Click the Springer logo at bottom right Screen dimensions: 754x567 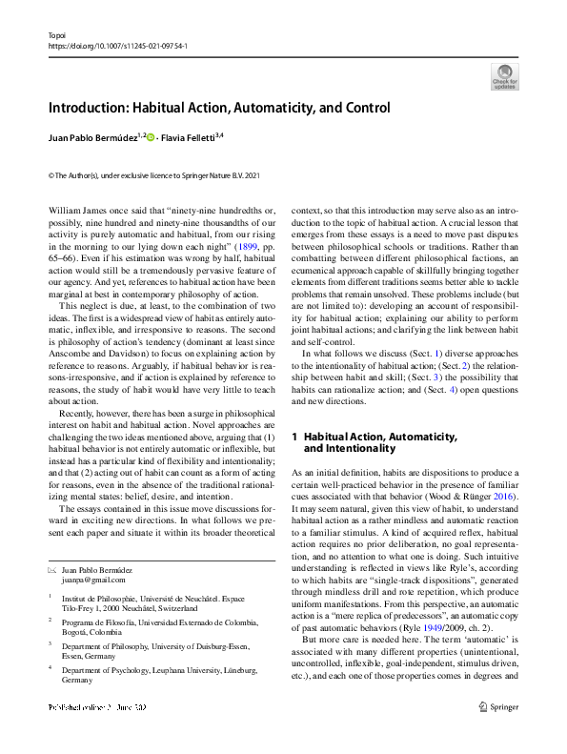coord(501,735)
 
